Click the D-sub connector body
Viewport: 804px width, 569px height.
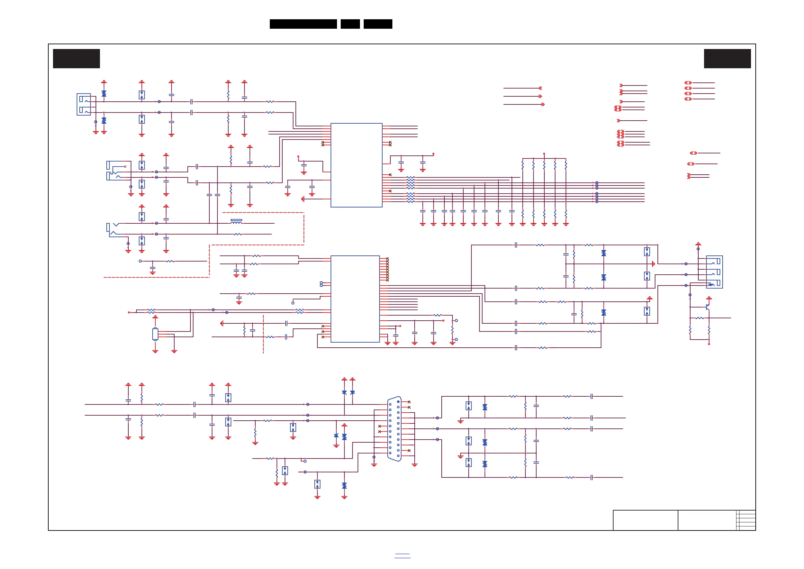[x=394, y=428]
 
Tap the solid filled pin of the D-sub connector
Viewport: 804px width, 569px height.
[x=398, y=401]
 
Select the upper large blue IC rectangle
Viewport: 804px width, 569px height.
[x=356, y=165]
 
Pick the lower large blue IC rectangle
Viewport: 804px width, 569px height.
[x=355, y=299]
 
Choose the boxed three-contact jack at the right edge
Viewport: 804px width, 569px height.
[x=714, y=272]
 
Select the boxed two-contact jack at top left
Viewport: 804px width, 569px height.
[x=84, y=104]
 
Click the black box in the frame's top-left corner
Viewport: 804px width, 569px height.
[x=76, y=58]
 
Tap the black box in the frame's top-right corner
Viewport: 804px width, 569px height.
[x=727, y=58]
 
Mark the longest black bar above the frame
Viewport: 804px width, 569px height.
[x=303, y=24]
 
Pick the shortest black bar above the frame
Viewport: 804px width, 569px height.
[x=350, y=24]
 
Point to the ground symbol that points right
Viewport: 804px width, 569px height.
[x=653, y=264]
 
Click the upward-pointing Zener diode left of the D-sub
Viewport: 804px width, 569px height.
[x=336, y=436]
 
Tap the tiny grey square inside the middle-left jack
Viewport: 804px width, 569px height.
[x=125, y=167]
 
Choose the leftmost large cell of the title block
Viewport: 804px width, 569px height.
[x=645, y=520]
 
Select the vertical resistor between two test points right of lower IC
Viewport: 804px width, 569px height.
[x=452, y=330]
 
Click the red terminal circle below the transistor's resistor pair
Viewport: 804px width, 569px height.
[x=709, y=344]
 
